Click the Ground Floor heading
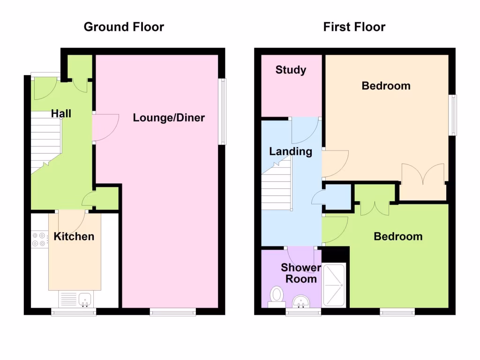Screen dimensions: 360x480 (x=124, y=27)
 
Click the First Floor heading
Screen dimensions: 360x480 (x=354, y=27)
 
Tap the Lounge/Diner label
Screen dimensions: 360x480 (x=169, y=117)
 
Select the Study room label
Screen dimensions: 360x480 (x=291, y=70)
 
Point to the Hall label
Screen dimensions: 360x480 (x=61, y=113)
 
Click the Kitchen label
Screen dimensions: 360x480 (x=74, y=236)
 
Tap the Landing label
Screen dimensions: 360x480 (x=291, y=151)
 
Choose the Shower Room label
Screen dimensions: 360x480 (x=301, y=273)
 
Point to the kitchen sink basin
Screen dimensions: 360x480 (x=85, y=298)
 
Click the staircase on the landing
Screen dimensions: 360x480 (x=276, y=185)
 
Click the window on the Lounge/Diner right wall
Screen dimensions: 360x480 (x=223, y=111)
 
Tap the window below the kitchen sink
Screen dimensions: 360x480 (x=74, y=311)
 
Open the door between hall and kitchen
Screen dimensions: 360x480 (x=71, y=218)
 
